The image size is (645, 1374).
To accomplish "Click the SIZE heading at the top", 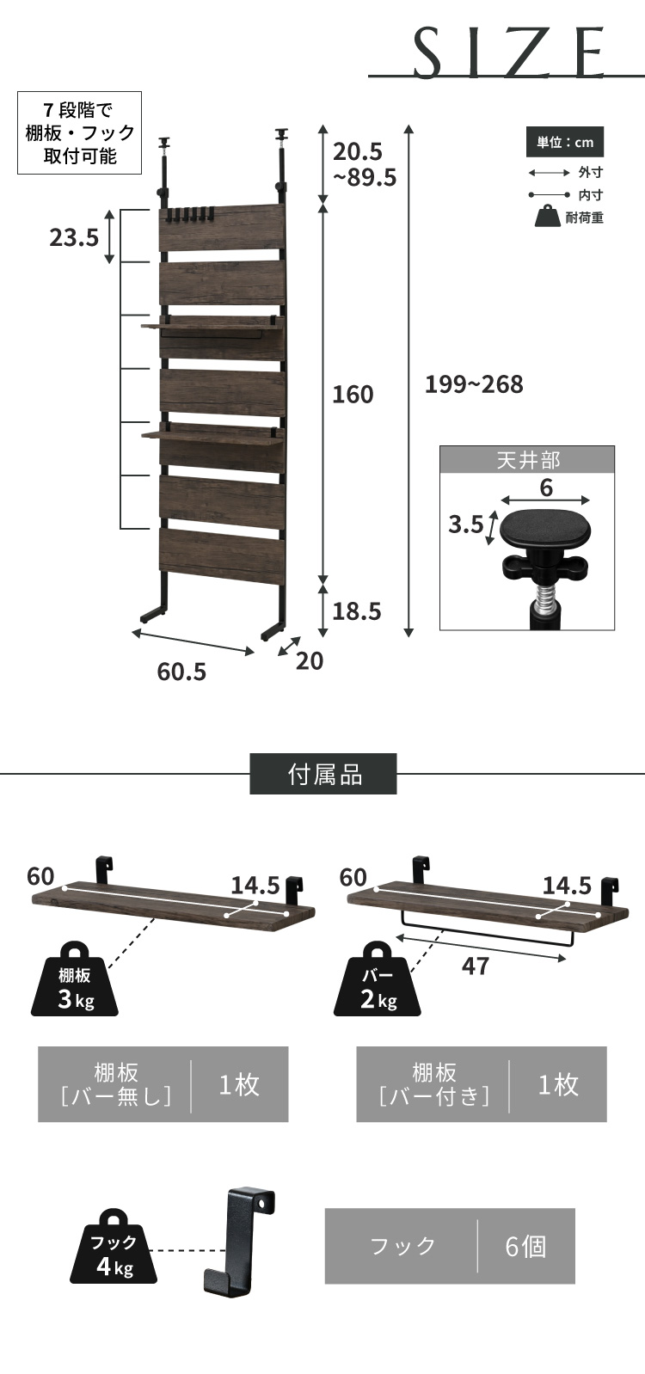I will point(510,52).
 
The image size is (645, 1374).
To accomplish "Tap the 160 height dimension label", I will point(353,395).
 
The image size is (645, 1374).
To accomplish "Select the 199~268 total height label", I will point(474,384).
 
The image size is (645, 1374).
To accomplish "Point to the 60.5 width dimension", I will point(181,672).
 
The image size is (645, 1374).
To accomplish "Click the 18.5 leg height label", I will point(356,611).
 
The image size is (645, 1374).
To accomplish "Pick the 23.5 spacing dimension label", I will point(74,236).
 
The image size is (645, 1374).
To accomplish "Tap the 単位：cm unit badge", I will point(565,143).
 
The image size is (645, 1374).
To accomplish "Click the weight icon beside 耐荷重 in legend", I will point(547,217).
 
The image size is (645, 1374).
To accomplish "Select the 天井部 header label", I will point(527,460).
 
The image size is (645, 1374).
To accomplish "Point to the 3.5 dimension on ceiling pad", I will point(465,524).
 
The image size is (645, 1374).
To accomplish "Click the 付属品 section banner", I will point(323,774).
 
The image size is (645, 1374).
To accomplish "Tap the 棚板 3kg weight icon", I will point(75,980).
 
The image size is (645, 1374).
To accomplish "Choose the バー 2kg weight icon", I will point(378,980).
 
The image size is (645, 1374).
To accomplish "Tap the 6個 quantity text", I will point(525,1246).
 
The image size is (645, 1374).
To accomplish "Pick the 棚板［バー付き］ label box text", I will point(433,1084).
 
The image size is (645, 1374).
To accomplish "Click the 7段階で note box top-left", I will point(80,132).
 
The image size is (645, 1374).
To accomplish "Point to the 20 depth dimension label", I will point(310,660).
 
